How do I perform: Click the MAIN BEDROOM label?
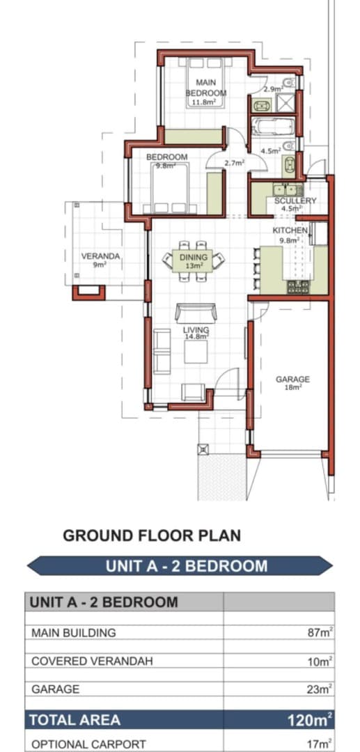(x=205, y=88)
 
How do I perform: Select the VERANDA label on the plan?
(x=100, y=256)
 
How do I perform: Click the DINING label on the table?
(x=193, y=258)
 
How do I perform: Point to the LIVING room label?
(x=196, y=330)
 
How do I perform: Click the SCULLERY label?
(x=295, y=201)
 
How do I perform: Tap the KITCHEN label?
(x=290, y=230)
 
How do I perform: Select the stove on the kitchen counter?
(x=298, y=287)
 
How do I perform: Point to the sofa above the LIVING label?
(x=196, y=313)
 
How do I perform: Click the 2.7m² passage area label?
(x=235, y=163)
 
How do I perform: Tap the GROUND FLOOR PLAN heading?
(x=152, y=535)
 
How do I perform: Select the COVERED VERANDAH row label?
(x=92, y=661)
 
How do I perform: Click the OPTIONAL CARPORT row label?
(x=88, y=744)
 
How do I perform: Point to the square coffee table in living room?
(x=196, y=352)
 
